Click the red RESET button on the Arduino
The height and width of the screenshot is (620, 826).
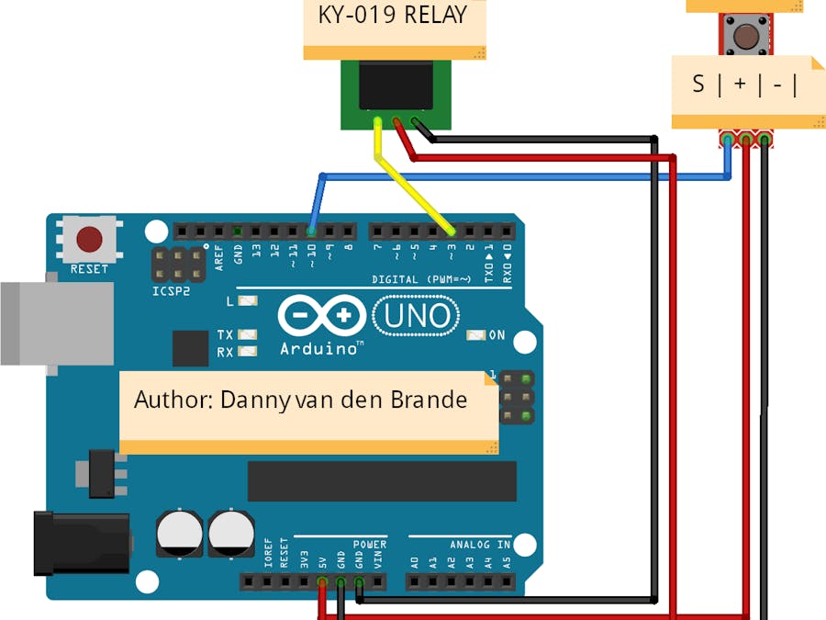(x=89, y=240)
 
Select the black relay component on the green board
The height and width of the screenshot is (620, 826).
(x=396, y=88)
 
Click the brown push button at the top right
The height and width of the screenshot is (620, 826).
(x=744, y=36)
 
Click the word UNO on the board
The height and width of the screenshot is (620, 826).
(x=418, y=317)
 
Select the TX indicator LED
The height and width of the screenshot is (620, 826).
(x=247, y=335)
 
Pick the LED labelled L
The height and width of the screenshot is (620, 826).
(x=247, y=300)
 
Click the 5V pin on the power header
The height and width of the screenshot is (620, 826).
(x=322, y=581)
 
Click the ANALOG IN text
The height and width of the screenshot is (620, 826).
(x=480, y=545)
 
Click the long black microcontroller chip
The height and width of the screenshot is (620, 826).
(x=382, y=481)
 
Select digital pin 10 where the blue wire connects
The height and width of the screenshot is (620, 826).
(x=311, y=231)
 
